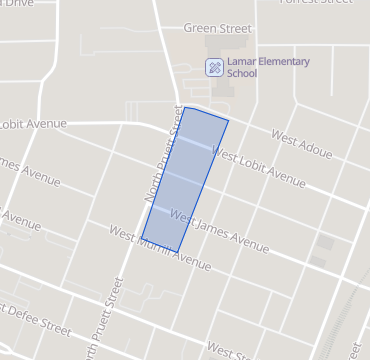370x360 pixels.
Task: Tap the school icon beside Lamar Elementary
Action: coord(213,68)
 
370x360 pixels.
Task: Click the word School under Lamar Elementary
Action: coord(242,74)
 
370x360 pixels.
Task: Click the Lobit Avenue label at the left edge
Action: coord(34,124)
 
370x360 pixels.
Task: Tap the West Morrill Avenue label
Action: coord(160,249)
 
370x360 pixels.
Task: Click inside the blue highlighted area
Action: coord(184,180)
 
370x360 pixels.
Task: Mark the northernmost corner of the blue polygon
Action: coord(185,107)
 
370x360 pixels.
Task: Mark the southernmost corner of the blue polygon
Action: coord(177,251)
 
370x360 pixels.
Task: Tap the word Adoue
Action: coord(312,147)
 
